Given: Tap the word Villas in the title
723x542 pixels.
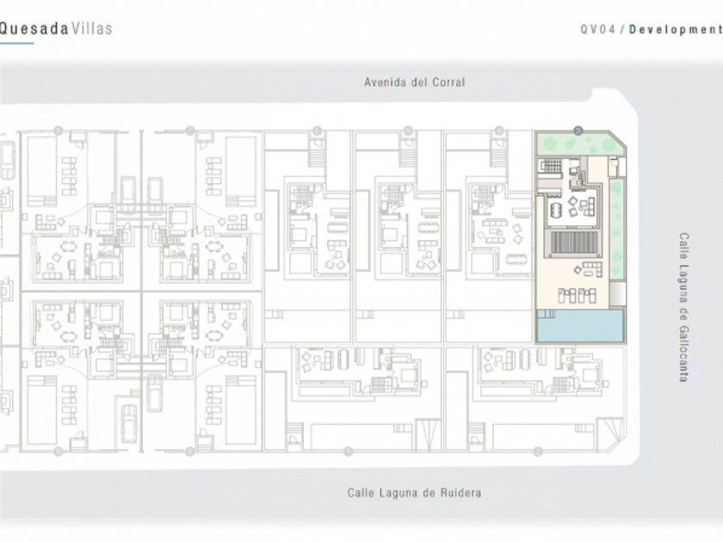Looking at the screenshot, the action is [x=92, y=28].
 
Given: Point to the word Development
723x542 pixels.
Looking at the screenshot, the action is [x=676, y=29].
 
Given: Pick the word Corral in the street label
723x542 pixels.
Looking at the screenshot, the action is [x=447, y=83].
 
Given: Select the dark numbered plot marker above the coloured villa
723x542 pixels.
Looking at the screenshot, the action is [x=578, y=130].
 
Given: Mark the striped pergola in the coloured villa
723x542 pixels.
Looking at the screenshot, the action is [x=576, y=243].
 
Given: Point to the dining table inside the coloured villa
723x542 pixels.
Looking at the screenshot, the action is [x=558, y=209].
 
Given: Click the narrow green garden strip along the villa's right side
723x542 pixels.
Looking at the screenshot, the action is [x=616, y=228].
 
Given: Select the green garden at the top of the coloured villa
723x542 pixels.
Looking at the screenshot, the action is [x=576, y=144].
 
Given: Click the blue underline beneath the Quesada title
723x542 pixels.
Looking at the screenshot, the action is [x=16, y=43].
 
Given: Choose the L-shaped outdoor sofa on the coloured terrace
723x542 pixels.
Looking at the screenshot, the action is [x=589, y=270].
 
